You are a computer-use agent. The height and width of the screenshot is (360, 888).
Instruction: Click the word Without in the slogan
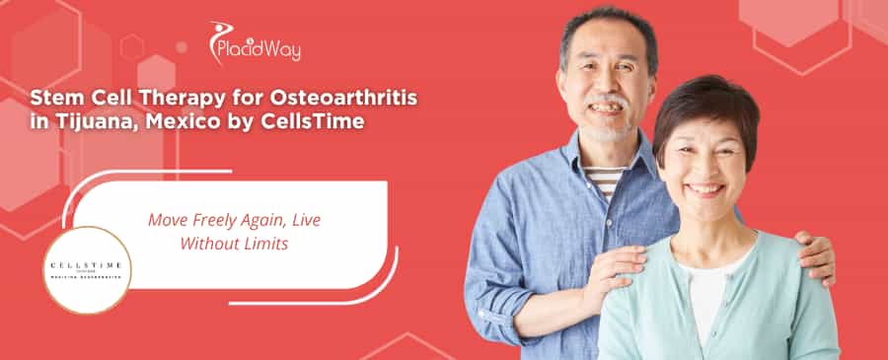208,244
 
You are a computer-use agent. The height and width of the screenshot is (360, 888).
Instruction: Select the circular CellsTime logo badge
87,269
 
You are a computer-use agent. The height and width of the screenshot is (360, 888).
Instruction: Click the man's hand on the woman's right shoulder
614,264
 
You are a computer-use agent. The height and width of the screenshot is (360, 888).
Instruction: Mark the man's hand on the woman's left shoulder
815,255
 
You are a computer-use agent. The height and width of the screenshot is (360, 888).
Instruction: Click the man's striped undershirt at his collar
604,179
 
